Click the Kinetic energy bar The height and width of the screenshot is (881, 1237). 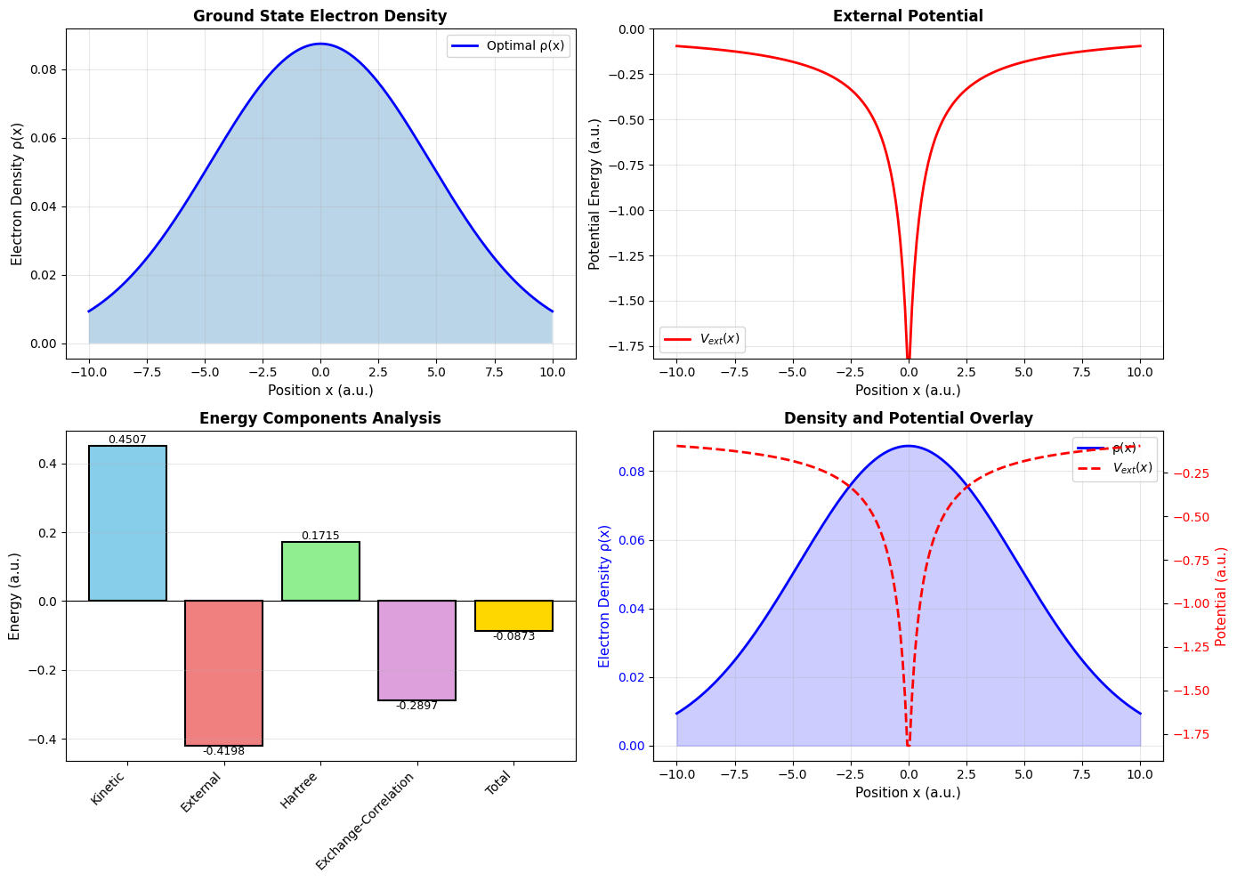coord(127,523)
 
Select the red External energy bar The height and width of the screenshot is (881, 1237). coord(223,673)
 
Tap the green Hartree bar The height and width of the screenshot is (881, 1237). coord(320,571)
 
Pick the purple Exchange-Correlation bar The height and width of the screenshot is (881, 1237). coord(416,651)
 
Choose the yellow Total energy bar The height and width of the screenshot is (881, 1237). coord(513,616)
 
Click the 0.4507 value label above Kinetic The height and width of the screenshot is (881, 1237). coord(127,440)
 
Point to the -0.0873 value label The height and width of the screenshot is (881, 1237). coord(513,636)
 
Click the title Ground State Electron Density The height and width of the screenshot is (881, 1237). coord(320,16)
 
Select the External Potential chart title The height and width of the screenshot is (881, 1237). coord(908,16)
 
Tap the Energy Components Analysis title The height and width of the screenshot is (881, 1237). coord(320,418)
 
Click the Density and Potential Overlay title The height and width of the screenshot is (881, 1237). coord(908,418)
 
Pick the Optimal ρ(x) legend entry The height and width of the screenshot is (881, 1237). coord(508,46)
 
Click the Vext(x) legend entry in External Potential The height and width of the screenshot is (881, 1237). coord(701,339)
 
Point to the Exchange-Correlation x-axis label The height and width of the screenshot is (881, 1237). coord(367,820)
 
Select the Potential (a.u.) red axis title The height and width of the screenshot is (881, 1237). coord(1221,596)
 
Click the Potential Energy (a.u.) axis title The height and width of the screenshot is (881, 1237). coord(594,194)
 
